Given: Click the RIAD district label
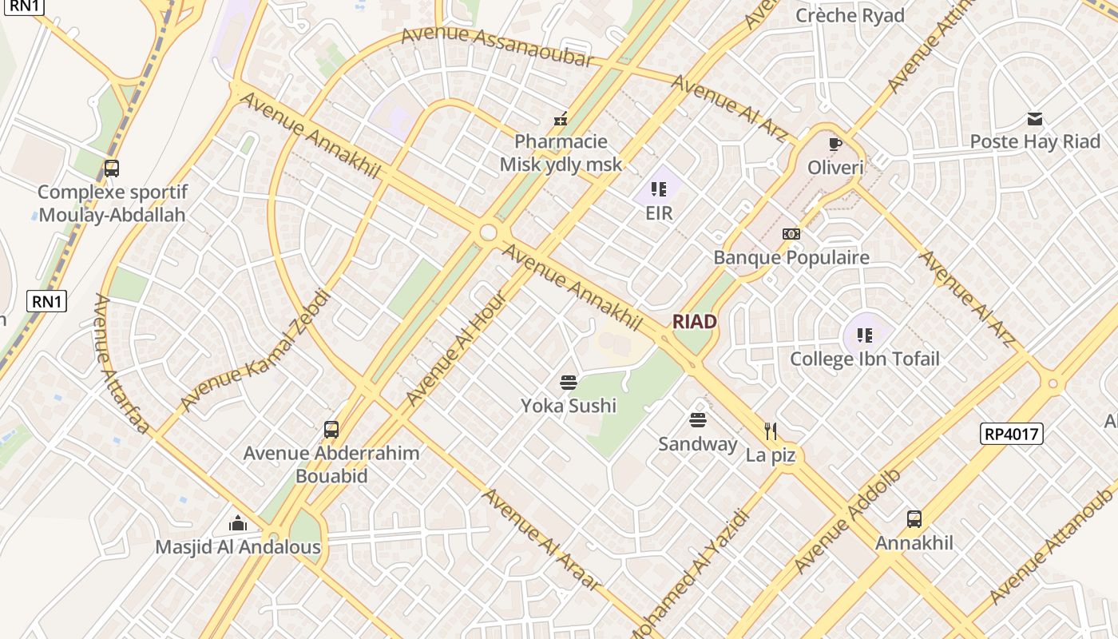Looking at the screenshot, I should pos(694,321).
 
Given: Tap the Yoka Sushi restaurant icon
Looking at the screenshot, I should pos(569,383).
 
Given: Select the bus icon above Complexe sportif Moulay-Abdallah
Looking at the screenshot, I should pos(112,169).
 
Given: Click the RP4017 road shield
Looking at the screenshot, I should pos(1011,434).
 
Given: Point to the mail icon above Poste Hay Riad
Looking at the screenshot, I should pos(1035,120).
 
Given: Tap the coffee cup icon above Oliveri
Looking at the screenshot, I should pos(835,145).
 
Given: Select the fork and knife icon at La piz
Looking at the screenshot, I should pos(771,431).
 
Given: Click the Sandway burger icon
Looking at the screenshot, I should pos(698,420).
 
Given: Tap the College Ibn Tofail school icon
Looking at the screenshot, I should pos(864,335).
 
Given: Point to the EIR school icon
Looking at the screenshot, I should pos(659,189).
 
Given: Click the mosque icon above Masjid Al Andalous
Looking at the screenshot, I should pos(238,524).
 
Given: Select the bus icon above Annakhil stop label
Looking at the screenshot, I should pos(914,519).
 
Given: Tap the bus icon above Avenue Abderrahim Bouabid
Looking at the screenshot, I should pos(331,430).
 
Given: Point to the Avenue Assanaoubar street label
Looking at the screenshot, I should pos(497,46).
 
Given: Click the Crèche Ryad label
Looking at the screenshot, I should pos(850,16).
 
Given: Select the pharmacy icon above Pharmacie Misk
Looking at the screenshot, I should pos(561,120).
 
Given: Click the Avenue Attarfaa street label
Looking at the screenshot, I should pos(121,364).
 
